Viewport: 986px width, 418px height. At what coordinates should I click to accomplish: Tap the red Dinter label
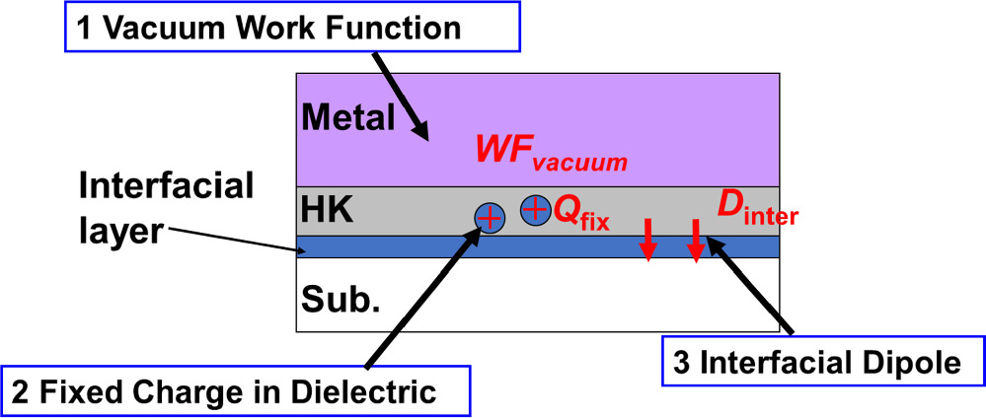pyautogui.click(x=756, y=208)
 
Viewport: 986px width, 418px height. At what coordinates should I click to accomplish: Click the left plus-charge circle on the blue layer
pyautogui.click(x=489, y=216)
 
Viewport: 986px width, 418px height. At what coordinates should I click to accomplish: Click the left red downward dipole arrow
pyautogui.click(x=647, y=242)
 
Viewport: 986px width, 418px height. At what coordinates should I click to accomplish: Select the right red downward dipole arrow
pyautogui.click(x=695, y=242)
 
